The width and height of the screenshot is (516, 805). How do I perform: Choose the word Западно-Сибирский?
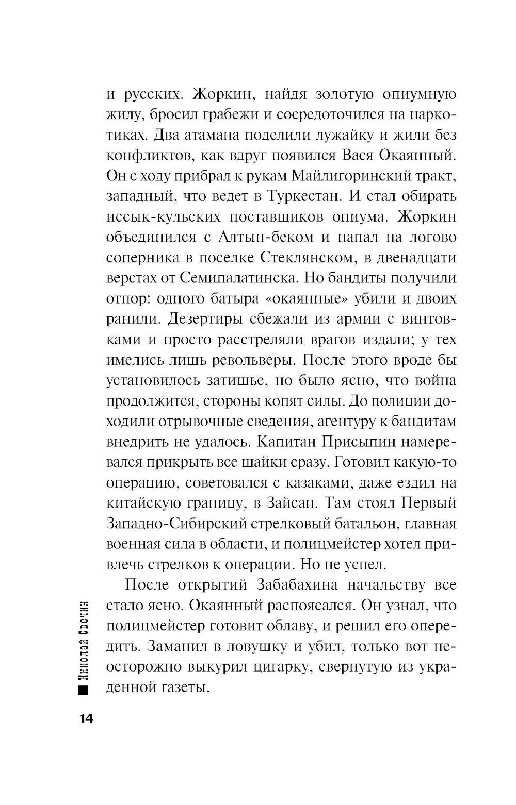pos(177,524)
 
